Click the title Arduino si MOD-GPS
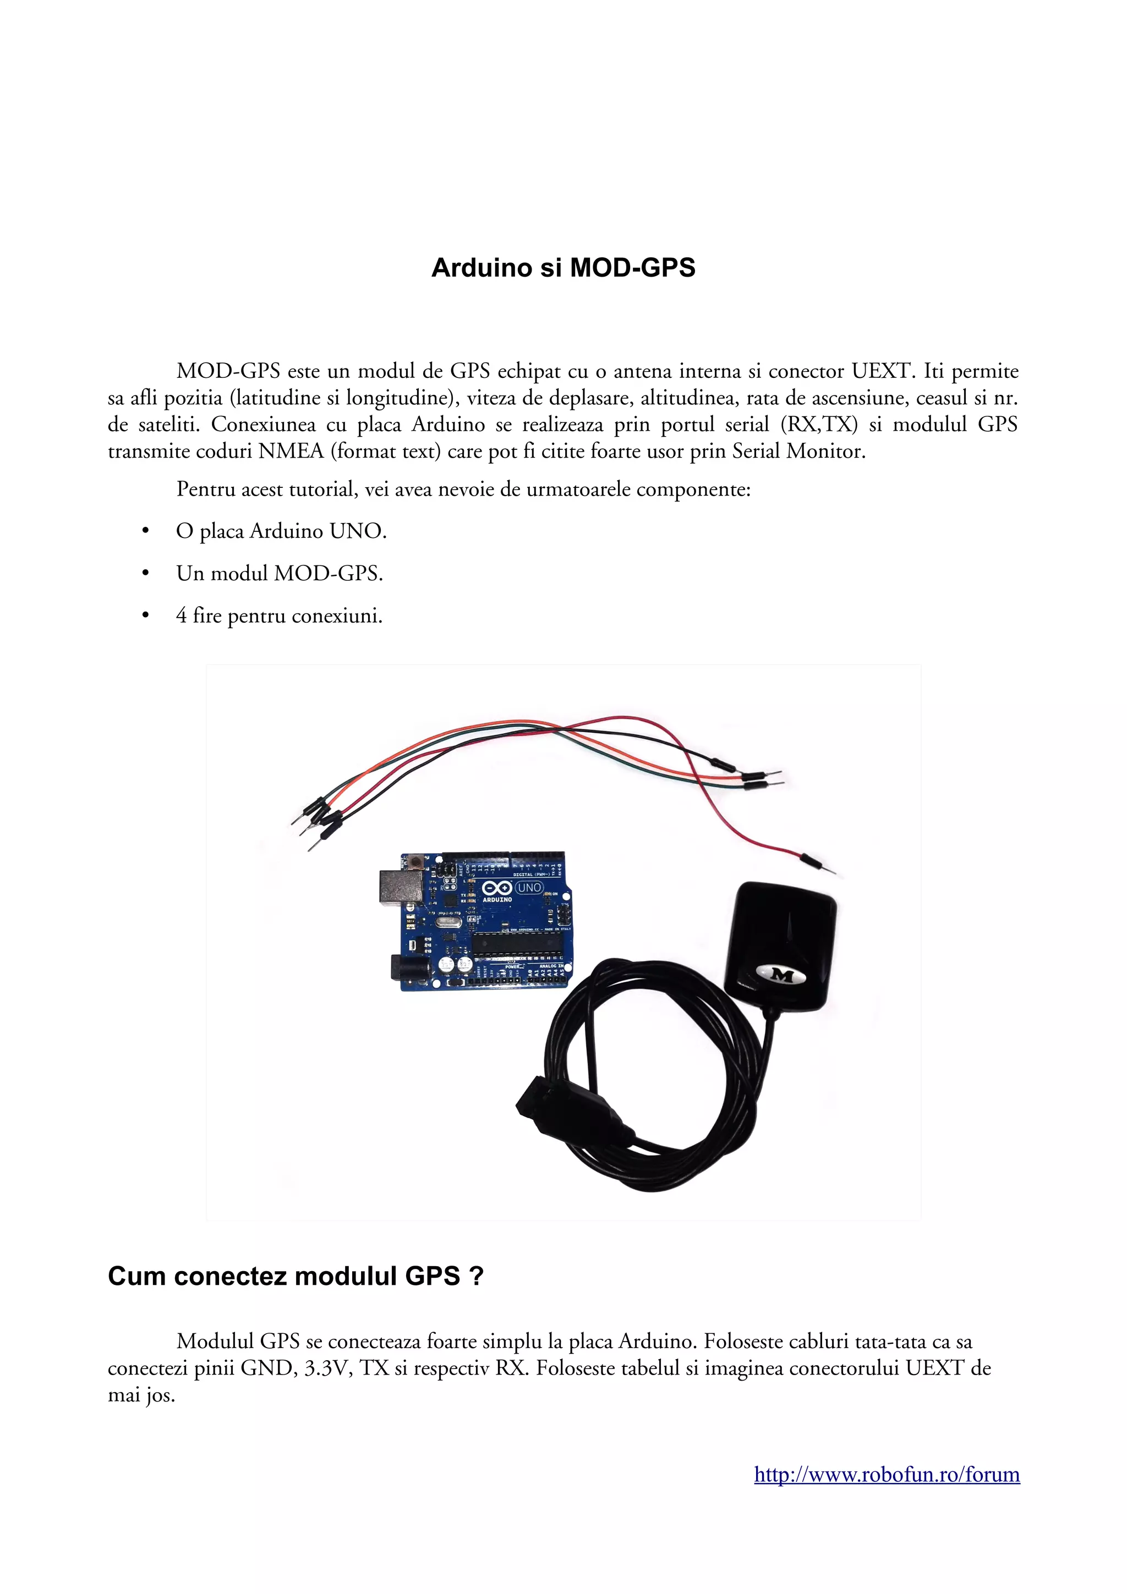click(x=563, y=268)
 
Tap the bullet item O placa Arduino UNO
click(x=281, y=531)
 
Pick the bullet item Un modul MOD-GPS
click(x=279, y=574)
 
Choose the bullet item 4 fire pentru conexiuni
click(x=279, y=616)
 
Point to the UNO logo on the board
click(x=529, y=887)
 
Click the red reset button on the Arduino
click(x=417, y=863)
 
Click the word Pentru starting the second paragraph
click(x=206, y=490)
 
